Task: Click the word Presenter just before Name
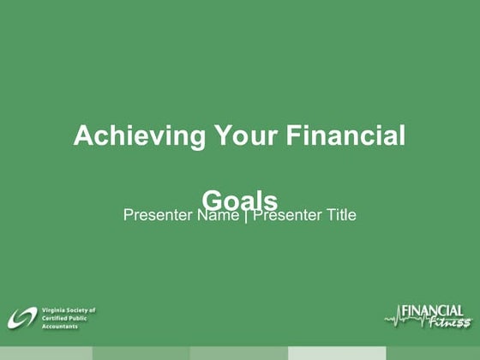coord(159,215)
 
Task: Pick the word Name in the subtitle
coord(218,215)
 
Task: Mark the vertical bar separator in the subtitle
coord(246,215)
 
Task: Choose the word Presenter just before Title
coord(287,215)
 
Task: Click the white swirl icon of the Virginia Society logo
coord(22,318)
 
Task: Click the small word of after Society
coord(93,310)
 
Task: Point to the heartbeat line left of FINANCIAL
coord(393,320)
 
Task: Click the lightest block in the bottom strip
coord(336,353)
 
